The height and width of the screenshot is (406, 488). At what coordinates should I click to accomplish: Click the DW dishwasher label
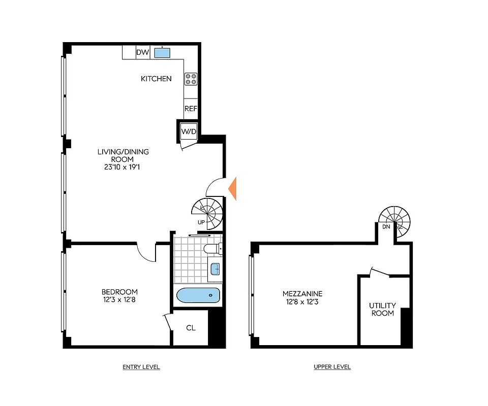[142, 52]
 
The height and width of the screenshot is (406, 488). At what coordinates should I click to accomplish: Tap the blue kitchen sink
[162, 52]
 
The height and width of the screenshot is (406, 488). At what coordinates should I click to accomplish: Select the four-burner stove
[191, 79]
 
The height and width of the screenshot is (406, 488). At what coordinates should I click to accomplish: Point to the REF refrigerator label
[191, 109]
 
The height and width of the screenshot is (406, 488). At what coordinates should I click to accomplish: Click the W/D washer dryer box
[189, 132]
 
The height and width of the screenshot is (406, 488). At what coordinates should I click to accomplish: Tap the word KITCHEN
[156, 79]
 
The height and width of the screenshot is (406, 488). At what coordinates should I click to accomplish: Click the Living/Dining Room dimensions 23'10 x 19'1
[124, 166]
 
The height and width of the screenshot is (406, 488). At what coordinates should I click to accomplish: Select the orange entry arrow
[232, 188]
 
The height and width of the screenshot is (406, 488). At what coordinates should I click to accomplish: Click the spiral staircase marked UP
[207, 212]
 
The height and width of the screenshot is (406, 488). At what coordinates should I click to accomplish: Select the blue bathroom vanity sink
[215, 268]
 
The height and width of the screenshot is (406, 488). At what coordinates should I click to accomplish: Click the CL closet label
[191, 328]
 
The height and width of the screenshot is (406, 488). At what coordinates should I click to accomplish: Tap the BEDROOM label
[119, 292]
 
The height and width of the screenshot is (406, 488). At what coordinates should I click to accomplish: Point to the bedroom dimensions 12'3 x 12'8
[119, 300]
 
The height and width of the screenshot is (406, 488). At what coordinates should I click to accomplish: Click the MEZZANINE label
[302, 294]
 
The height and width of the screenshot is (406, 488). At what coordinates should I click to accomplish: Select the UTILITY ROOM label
[382, 309]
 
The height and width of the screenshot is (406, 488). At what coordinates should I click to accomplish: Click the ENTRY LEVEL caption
[141, 367]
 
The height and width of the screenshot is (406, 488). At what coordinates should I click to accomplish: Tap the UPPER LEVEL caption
[332, 367]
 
